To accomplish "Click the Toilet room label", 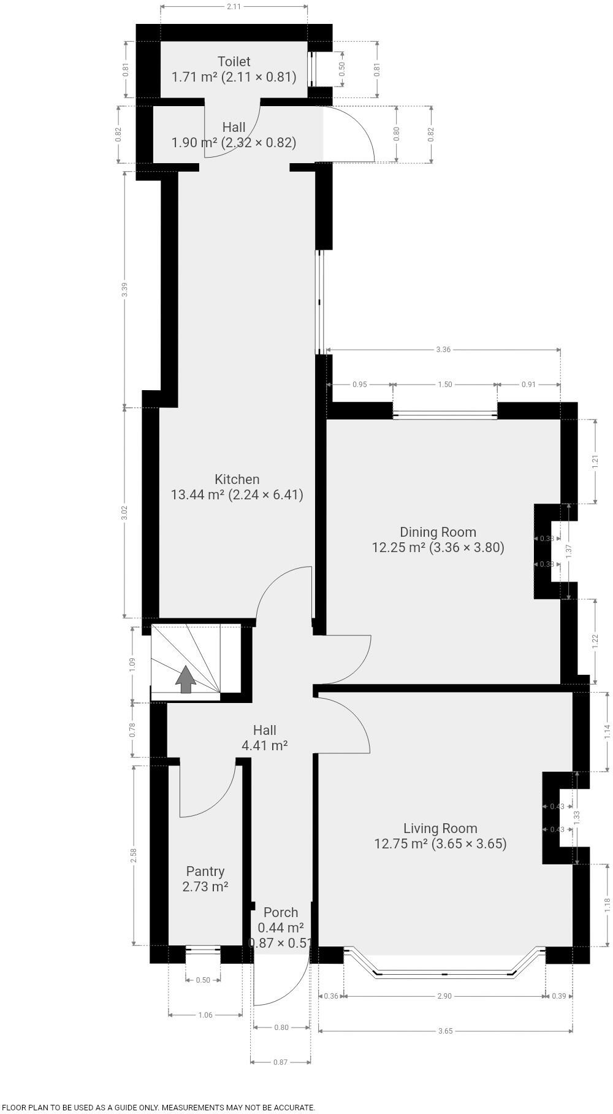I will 234,61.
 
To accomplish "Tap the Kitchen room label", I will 237,479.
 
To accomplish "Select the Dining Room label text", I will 438,532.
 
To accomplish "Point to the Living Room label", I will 440,828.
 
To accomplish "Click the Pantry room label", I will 205,871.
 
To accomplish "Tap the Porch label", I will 281,912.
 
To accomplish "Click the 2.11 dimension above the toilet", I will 234,7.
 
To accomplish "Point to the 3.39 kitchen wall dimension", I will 124,290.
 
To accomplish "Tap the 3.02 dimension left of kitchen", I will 124,513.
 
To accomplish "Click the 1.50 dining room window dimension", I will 445,385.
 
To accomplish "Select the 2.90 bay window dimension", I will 444,996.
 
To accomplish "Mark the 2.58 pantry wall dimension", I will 134,856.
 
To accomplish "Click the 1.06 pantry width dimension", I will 205,1015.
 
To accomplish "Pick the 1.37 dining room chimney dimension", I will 568,550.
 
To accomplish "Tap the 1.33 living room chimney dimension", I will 576,817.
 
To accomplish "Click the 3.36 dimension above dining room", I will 443,350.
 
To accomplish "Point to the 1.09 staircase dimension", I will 132,664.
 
